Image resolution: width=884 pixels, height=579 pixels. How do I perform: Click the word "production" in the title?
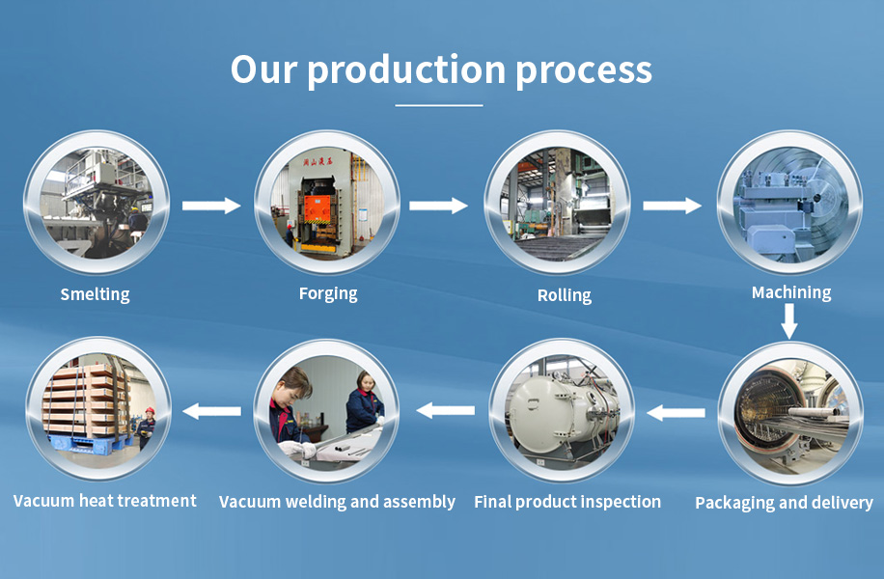(x=406, y=71)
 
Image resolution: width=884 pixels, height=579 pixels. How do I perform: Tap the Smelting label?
(x=95, y=294)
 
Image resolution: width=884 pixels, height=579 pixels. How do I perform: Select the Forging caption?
(x=328, y=293)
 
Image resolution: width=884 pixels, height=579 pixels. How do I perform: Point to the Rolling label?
(x=565, y=295)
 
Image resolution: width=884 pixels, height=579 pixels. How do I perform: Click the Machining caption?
(x=791, y=292)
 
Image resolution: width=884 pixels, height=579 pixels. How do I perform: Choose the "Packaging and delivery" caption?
(x=785, y=503)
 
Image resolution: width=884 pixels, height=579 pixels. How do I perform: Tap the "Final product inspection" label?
(x=567, y=502)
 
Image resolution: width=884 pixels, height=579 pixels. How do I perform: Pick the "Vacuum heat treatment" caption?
(x=105, y=501)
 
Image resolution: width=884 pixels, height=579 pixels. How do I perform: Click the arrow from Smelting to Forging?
(x=211, y=206)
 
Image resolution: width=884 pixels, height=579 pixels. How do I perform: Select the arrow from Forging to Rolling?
(x=438, y=206)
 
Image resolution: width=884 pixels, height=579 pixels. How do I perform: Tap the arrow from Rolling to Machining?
(x=673, y=206)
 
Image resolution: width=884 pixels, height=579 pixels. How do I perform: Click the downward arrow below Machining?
(x=789, y=321)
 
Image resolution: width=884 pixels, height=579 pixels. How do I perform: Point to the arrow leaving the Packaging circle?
(x=676, y=413)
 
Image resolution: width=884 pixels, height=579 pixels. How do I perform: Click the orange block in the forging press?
(x=319, y=207)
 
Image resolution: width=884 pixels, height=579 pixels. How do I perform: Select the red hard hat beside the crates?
(x=150, y=411)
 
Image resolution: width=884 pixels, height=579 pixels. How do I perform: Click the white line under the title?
(x=438, y=105)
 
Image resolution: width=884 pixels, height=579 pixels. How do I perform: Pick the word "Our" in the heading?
(x=263, y=69)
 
